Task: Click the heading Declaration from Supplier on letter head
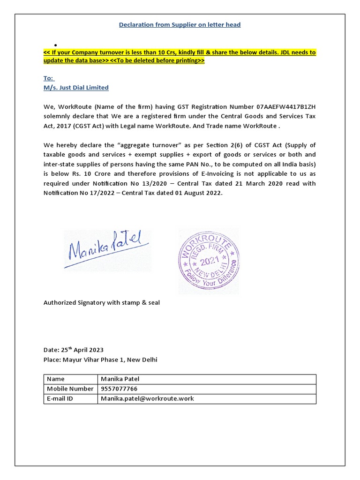coord(180,24)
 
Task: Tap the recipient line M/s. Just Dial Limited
coord(76,88)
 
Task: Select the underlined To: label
coord(49,79)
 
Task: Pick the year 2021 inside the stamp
coord(208,262)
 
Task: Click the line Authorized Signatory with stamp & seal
coord(102,303)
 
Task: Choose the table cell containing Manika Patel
coord(120,379)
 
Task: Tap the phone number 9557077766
coord(119,389)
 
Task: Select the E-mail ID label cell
coord(60,398)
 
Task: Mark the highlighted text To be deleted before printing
coord(157,61)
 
